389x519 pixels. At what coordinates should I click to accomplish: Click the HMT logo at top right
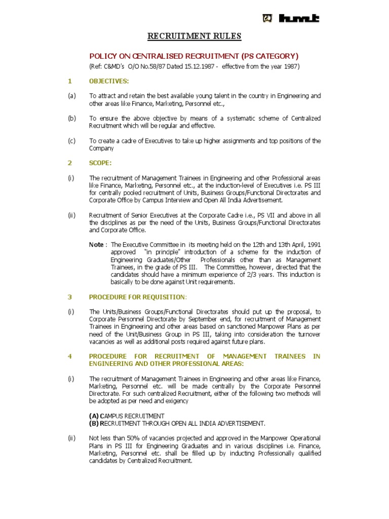(291, 19)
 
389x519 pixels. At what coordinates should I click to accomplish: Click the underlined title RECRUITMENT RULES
(187, 36)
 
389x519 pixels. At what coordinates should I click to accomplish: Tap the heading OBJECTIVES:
(109, 81)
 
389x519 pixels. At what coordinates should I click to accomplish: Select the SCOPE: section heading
(100, 163)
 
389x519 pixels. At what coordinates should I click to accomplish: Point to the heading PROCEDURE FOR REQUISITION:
(138, 296)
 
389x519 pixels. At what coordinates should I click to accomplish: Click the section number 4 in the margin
(70, 356)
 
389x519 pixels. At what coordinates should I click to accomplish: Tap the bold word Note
(96, 244)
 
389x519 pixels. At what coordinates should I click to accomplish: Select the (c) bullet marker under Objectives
(71, 141)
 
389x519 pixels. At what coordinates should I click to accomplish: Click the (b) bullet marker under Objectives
(71, 118)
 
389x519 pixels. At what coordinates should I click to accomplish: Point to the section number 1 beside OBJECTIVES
(70, 81)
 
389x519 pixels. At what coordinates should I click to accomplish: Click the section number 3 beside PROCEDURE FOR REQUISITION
(70, 296)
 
